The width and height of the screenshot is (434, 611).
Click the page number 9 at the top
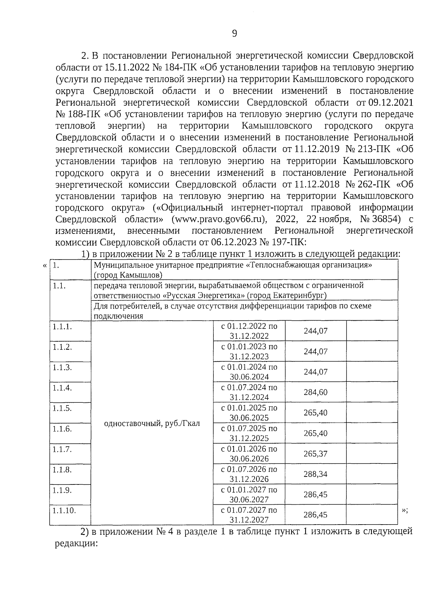[234, 34]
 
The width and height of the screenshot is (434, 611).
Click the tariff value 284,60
[315, 392]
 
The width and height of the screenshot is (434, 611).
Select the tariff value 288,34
[315, 474]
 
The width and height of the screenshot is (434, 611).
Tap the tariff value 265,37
[315, 454]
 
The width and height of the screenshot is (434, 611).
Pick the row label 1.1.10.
[64, 510]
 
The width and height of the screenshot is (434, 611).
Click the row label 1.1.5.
[62, 408]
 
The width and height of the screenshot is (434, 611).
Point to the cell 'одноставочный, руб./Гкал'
[152, 423]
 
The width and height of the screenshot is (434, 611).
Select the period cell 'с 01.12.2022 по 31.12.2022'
[249, 331]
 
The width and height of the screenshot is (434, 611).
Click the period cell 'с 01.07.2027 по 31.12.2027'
[249, 515]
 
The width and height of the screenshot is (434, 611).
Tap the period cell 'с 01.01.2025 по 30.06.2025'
[249, 413]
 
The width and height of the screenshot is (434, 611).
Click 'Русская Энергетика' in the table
[204, 295]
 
